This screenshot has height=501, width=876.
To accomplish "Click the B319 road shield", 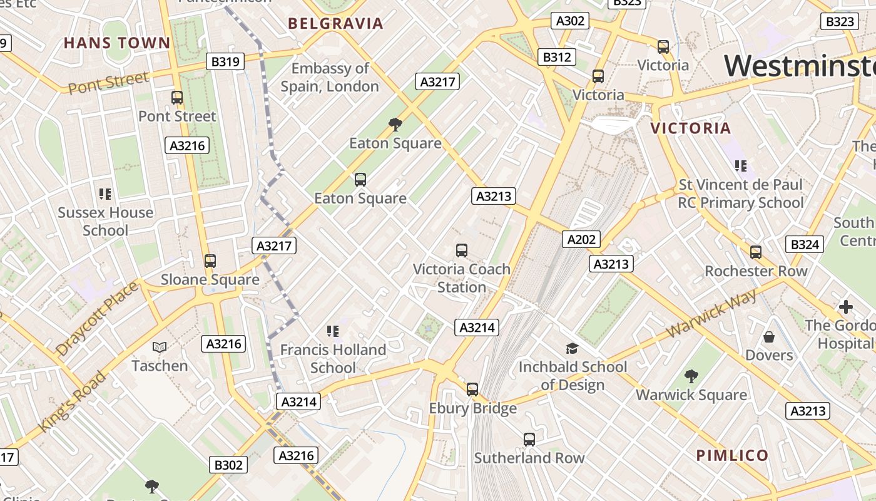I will [x=225, y=61].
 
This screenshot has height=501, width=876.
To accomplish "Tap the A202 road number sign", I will [x=581, y=239].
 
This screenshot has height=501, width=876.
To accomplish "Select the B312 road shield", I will [x=556, y=57].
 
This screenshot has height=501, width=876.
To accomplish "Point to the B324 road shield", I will [x=805, y=244].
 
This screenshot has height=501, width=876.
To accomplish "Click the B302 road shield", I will [x=228, y=465].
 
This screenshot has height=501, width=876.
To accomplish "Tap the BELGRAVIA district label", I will [x=335, y=24].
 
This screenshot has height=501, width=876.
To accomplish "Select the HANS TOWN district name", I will [x=117, y=43].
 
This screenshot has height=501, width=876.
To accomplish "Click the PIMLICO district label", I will [x=732, y=455].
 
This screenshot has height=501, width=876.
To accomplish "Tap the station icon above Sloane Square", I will [x=210, y=261].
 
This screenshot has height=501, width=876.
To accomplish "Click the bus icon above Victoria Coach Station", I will [x=462, y=250].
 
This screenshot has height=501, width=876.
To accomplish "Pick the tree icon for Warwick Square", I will [x=691, y=376].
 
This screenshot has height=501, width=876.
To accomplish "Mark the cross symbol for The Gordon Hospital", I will [x=846, y=307].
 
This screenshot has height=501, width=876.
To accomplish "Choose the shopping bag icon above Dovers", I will [x=769, y=337].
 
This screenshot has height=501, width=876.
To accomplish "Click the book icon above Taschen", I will [x=160, y=347].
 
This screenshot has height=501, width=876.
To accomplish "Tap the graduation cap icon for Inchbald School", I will [x=572, y=348].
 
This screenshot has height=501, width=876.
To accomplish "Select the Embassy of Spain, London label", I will [x=330, y=77].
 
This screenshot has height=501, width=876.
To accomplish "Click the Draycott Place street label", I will [x=96, y=319].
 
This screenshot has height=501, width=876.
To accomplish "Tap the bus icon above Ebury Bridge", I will [x=472, y=389].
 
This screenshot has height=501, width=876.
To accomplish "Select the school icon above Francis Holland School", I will [x=333, y=331].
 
